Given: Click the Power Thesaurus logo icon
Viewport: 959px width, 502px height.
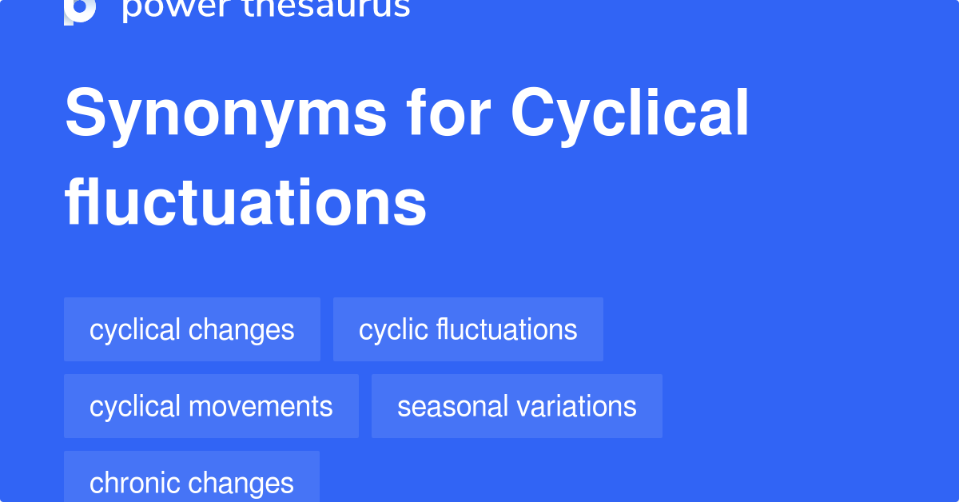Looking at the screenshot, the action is click(x=80, y=11).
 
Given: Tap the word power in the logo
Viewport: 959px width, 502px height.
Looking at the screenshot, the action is click(x=177, y=9).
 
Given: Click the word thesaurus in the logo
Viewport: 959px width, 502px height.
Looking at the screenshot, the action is click(x=326, y=9).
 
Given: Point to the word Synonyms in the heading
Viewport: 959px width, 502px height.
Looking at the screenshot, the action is click(x=225, y=115).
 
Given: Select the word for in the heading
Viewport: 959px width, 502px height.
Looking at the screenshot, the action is click(x=448, y=111).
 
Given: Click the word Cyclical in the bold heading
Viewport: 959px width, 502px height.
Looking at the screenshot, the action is click(x=630, y=115).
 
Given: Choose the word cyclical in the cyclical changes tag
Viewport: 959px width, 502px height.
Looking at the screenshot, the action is click(x=134, y=331).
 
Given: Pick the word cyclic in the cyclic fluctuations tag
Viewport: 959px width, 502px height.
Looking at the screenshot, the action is click(x=393, y=331).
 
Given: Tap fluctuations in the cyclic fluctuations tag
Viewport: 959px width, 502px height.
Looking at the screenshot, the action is click(x=507, y=329).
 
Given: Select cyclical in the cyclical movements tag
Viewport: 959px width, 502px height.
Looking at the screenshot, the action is click(x=134, y=408).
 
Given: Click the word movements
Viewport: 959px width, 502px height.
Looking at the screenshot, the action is click(x=261, y=407).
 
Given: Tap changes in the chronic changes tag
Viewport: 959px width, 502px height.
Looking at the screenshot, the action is click(x=241, y=484).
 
